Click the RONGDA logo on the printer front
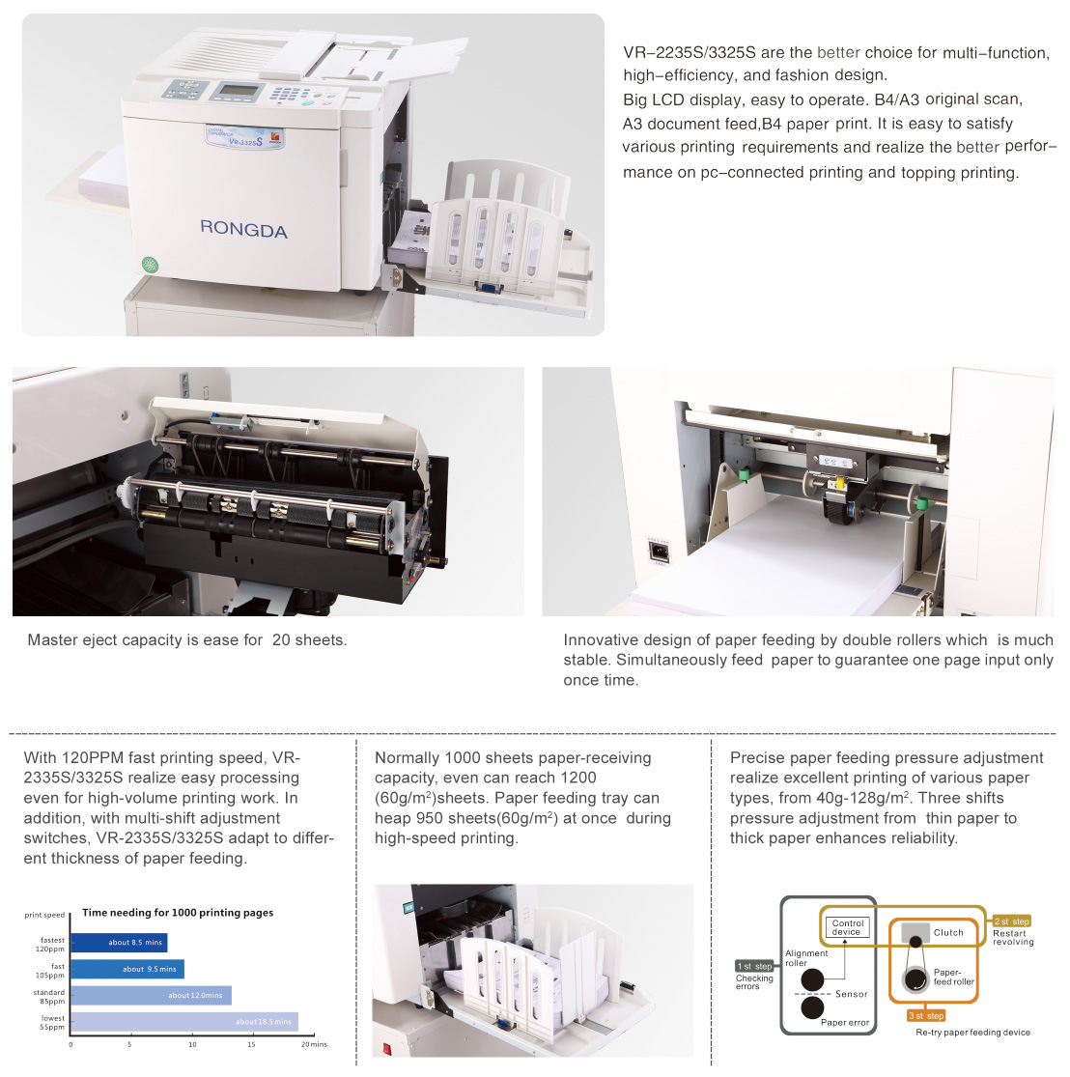[x=243, y=229]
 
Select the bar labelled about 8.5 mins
[x=120, y=943]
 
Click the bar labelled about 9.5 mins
[x=127, y=969]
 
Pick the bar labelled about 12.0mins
[x=151, y=995]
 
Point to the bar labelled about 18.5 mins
[x=184, y=1021]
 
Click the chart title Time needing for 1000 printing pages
[x=178, y=912]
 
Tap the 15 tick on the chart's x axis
[x=251, y=1045]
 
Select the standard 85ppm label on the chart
[x=49, y=997]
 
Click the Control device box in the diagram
[x=847, y=927]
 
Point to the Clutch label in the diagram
[x=948, y=932]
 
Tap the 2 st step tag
[x=1012, y=921]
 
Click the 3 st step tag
[x=926, y=1015]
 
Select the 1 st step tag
[x=754, y=966]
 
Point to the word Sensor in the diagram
[x=852, y=994]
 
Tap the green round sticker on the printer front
[x=150, y=264]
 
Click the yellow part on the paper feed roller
[x=838, y=483]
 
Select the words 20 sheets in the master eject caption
[x=309, y=639]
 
